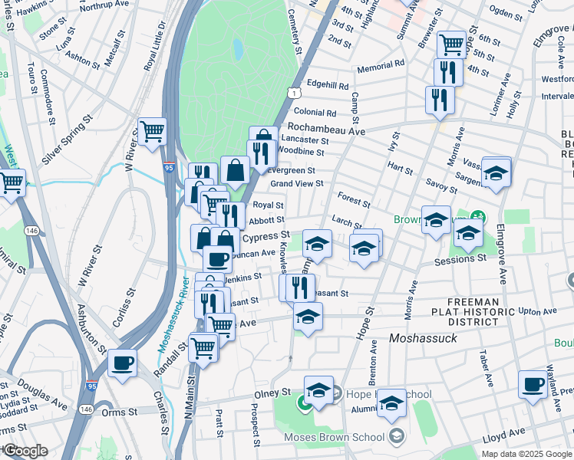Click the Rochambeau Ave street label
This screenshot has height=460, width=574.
(326, 130)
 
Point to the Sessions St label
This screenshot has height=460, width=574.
(460, 260)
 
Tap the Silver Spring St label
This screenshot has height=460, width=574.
(68, 139)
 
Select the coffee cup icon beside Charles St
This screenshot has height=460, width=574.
(122, 363)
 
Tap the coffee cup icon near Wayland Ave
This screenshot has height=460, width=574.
(533, 384)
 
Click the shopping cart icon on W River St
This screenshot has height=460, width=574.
(153, 131)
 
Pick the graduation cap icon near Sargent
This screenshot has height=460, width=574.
(496, 173)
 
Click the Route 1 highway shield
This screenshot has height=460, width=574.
(293, 93)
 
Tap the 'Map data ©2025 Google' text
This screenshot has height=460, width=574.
(526, 454)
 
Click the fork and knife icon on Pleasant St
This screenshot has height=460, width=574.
(300, 287)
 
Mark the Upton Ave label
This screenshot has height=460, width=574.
(537, 311)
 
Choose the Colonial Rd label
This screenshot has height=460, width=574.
(315, 112)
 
